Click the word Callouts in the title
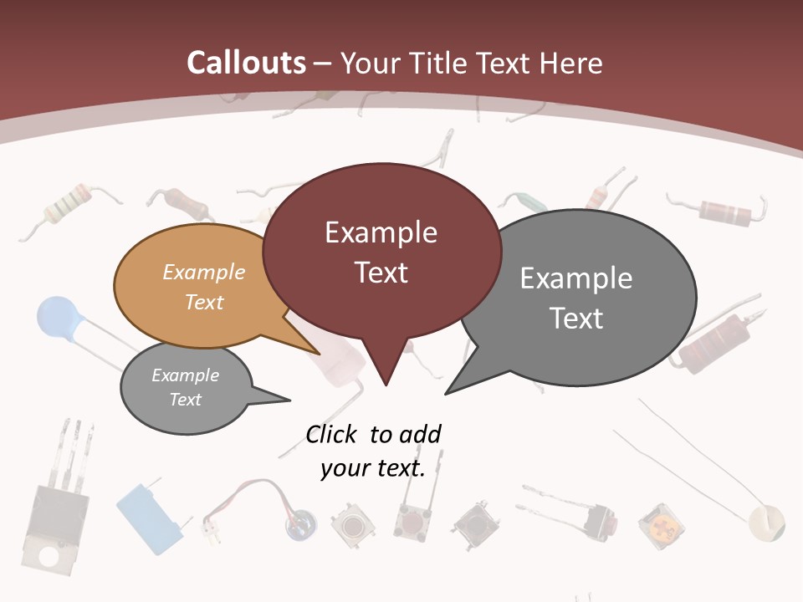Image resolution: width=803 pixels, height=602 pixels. [246, 63]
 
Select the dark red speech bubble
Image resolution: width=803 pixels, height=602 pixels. [381, 251]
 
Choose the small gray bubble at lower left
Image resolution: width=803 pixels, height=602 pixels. [185, 387]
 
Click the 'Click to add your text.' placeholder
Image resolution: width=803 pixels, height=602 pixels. [373, 451]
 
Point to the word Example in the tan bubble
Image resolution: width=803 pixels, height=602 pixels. [204, 272]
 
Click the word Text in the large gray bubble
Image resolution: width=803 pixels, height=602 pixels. [576, 319]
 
